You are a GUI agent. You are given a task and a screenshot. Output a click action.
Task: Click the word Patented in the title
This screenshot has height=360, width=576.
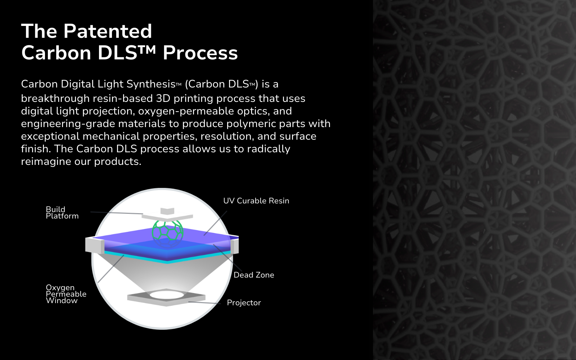click(x=108, y=31)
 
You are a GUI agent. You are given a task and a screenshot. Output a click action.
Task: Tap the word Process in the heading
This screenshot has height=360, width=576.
click(x=200, y=53)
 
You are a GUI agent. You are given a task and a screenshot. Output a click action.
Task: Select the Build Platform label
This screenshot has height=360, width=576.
click(x=62, y=213)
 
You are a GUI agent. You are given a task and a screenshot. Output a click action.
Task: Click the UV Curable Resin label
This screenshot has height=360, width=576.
click(x=256, y=201)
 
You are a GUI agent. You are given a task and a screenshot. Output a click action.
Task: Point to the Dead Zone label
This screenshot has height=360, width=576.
click(x=254, y=275)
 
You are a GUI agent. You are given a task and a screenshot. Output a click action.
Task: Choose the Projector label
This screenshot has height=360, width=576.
click(x=244, y=303)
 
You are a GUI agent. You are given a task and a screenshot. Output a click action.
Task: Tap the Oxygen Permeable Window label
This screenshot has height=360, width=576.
click(x=66, y=294)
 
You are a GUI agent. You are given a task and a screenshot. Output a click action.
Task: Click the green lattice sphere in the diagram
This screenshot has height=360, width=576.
click(x=168, y=230)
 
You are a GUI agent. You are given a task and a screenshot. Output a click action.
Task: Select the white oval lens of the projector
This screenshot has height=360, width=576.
click(x=167, y=295)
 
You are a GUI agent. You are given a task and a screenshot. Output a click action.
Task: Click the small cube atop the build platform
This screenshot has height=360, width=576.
click(x=167, y=211)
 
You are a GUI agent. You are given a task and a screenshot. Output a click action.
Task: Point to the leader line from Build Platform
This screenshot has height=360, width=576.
click(x=117, y=213)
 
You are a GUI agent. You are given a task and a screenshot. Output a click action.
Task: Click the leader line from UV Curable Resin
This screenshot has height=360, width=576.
click(x=216, y=223)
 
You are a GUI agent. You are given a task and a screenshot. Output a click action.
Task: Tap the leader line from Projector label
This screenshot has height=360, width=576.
click(x=204, y=303)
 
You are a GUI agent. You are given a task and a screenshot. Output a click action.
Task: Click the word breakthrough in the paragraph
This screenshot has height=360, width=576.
click(x=55, y=99)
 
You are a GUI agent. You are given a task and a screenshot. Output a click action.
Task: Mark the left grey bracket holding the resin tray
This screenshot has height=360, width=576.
click(x=95, y=245)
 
